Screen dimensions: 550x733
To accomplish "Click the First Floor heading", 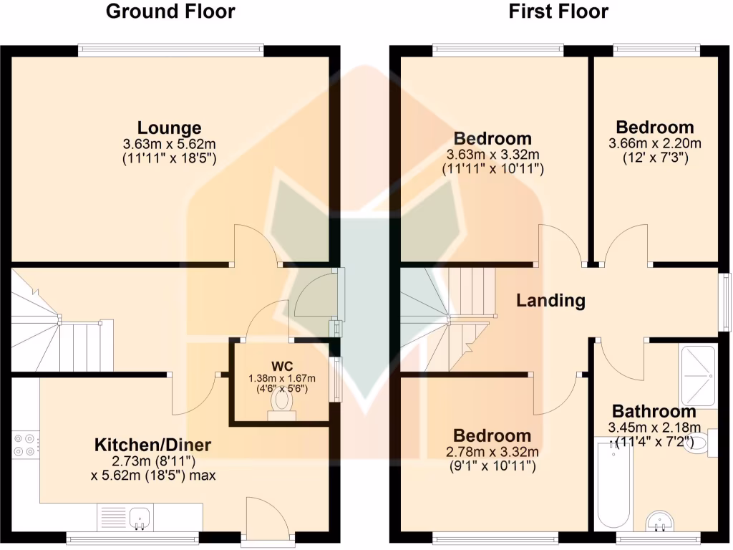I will click(x=559, y=11).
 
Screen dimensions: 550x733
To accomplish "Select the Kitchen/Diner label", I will click(x=152, y=445).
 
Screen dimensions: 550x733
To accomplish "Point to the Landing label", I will click(x=550, y=301).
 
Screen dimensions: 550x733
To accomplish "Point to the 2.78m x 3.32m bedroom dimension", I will click(x=492, y=452).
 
